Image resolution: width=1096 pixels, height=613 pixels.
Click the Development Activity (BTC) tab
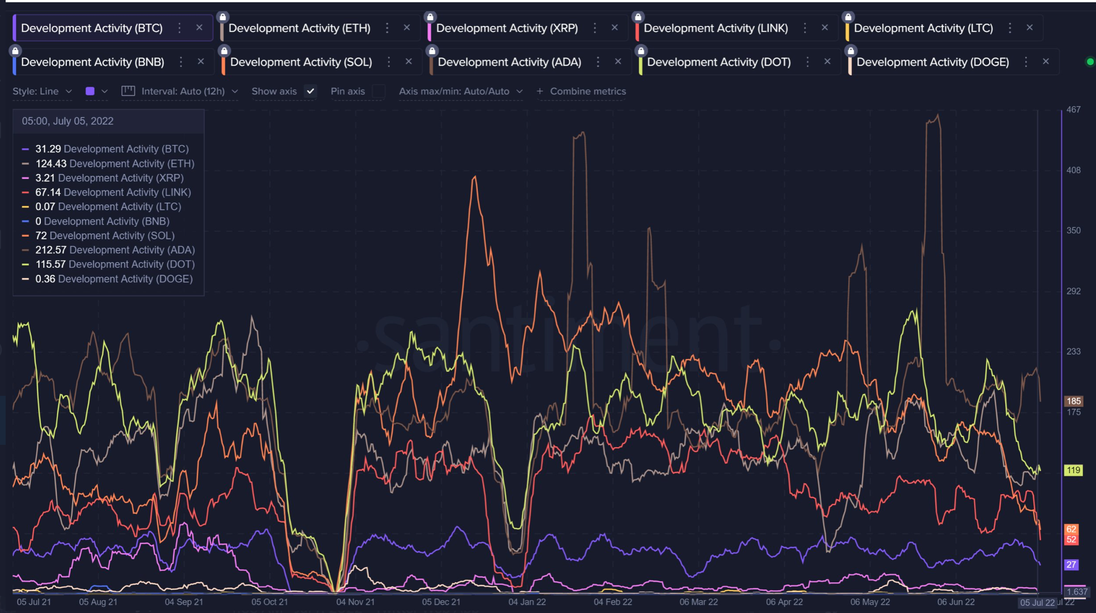click(92, 28)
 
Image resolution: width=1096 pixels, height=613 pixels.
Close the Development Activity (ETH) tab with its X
click(407, 28)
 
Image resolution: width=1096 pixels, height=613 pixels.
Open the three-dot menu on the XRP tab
click(595, 28)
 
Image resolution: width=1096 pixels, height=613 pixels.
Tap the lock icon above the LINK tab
click(638, 17)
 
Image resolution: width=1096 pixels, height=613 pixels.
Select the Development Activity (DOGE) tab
click(932, 62)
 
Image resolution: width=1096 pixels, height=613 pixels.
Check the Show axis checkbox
click(310, 91)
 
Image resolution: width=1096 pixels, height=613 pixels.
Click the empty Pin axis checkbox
click(378, 91)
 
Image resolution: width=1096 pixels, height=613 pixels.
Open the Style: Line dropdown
click(42, 91)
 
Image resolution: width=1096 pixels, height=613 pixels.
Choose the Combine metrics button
click(582, 91)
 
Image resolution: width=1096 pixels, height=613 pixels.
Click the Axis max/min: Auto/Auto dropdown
click(460, 91)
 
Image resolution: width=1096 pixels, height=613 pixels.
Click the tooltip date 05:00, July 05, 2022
click(67, 121)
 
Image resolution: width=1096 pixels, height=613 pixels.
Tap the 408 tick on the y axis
click(1073, 170)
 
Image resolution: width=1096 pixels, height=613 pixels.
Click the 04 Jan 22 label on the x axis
click(527, 602)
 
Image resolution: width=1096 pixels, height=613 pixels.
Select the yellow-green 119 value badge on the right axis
click(1073, 470)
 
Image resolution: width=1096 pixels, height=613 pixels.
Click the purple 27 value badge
click(1072, 564)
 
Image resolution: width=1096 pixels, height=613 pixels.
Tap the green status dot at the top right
click(1090, 62)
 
